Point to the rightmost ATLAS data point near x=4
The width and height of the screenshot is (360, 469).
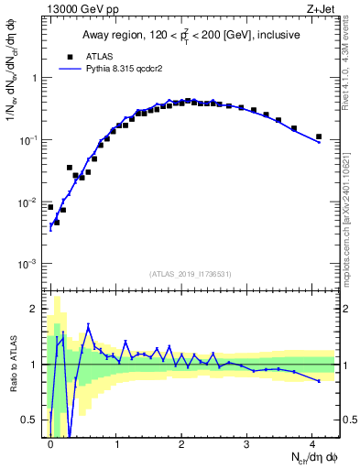click(319, 136)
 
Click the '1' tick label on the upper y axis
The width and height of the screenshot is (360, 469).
click(37, 78)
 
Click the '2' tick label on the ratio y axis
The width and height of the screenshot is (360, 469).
click(37, 309)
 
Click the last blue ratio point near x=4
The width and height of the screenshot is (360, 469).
click(319, 380)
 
